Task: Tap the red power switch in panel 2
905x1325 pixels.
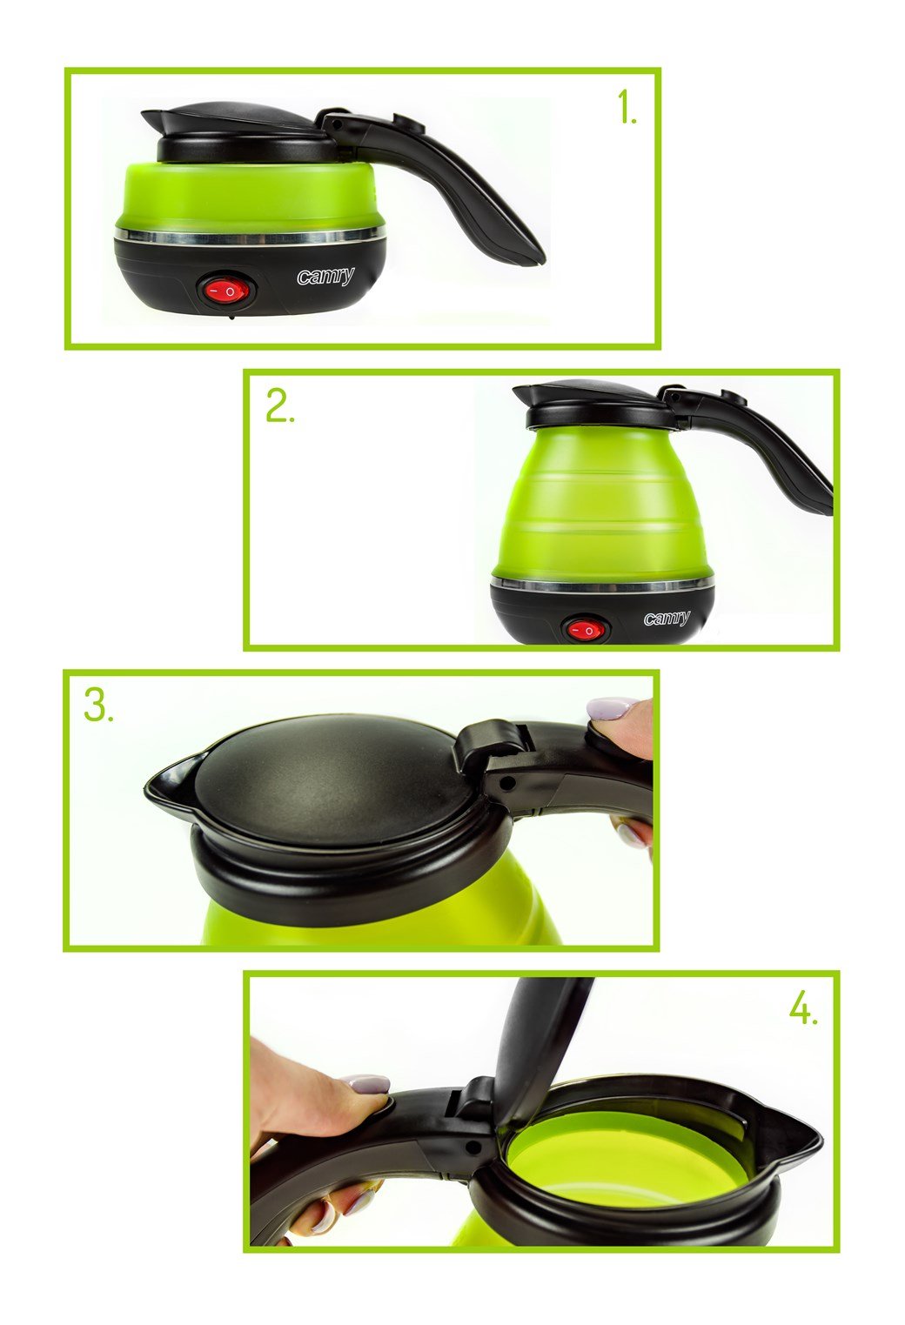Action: click(585, 629)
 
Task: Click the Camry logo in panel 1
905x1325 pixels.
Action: click(325, 277)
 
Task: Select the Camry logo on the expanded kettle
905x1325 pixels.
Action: click(667, 619)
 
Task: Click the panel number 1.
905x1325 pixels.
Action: click(627, 110)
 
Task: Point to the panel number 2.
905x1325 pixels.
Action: click(279, 406)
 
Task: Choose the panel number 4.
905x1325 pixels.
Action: click(803, 1009)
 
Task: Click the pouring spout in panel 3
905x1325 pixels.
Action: click(168, 780)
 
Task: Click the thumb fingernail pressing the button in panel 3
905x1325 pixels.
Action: click(610, 708)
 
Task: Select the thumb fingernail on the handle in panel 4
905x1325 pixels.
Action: click(365, 1084)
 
